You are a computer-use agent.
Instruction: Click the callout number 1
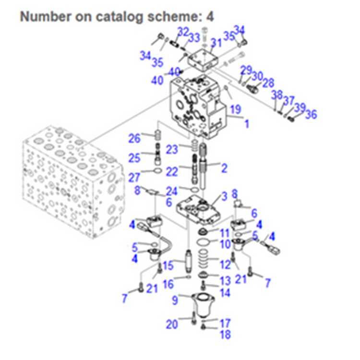coord(247,124)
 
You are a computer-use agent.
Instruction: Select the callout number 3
coord(224,197)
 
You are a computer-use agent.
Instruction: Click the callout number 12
coord(225,264)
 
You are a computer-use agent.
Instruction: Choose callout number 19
coord(235,109)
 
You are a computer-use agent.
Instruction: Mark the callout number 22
coord(172,171)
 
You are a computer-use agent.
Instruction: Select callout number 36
coord(311,114)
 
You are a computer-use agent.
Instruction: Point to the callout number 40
coord(157,81)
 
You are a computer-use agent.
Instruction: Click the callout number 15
coord(167,265)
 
